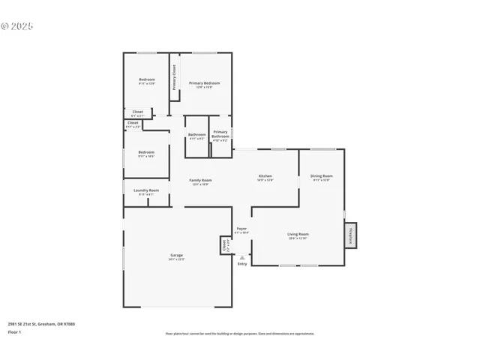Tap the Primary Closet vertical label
[175, 78]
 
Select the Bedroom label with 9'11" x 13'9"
[146, 80]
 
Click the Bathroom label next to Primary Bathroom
[196, 135]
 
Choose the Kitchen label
[265, 176]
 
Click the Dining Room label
[321, 176]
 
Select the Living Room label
[298, 235]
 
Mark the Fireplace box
[351, 235]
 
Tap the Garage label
[176, 256]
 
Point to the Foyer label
[241, 229]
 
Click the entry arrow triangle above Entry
[241, 256]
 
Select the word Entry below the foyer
[241, 264]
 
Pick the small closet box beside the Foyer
[224, 245]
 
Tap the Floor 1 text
[14, 331]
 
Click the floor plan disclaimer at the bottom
[240, 334]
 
